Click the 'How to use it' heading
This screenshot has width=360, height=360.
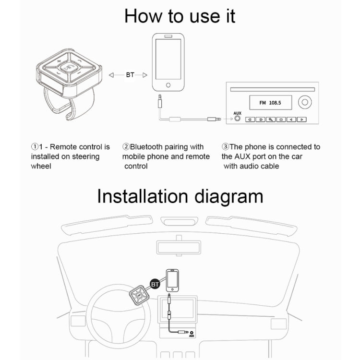pos(180,15)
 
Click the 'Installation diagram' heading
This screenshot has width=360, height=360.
pos(180,196)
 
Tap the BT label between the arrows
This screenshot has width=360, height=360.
pos(130,75)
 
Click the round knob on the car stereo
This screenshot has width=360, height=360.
pos(303,103)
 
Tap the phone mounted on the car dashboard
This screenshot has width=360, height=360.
pos(172,281)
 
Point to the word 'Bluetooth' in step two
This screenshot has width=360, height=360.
pos(146,147)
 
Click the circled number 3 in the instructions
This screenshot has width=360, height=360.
pos(225,147)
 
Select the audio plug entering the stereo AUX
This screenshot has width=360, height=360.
pos(217,119)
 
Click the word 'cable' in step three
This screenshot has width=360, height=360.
pos(269,166)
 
